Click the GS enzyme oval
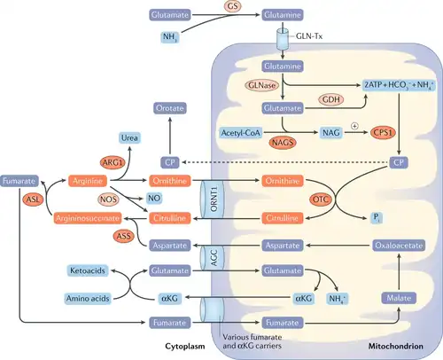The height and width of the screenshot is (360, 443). (x=232, y=6)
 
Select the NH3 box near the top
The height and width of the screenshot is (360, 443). (x=170, y=37)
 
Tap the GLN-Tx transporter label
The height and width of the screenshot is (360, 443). (x=309, y=36)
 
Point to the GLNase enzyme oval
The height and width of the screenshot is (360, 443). (x=261, y=85)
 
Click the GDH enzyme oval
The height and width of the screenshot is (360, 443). (x=331, y=99)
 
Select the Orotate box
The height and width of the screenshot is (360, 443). (x=170, y=108)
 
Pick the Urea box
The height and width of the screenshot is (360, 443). (x=129, y=137)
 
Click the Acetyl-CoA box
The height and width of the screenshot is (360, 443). (x=241, y=133)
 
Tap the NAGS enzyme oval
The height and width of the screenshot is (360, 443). (x=283, y=143)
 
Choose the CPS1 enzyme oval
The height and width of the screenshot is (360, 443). (x=383, y=133)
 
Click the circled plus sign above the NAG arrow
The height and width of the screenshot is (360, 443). (x=354, y=126)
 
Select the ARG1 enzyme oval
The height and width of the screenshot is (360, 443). (x=113, y=162)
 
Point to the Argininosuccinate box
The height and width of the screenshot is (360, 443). (x=88, y=218)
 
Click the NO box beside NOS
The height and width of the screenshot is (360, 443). (x=154, y=198)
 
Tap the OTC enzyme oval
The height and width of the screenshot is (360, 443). (x=321, y=200)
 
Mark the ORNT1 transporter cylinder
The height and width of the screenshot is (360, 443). (x=213, y=199)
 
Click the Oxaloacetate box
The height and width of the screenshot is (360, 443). (x=399, y=246)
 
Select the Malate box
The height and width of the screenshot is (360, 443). (x=399, y=298)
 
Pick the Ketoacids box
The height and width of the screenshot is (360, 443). (x=88, y=270)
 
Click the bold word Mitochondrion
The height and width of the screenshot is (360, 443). (x=396, y=346)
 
